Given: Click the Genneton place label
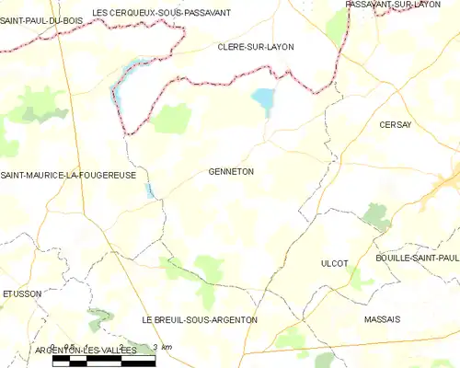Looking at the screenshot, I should click(x=231, y=171).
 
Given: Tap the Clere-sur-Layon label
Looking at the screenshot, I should click(x=249, y=45).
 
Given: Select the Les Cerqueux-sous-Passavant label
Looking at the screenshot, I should click(x=162, y=13).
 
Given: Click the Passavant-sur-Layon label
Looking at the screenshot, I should click(x=393, y=5).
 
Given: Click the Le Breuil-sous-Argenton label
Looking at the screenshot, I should click(x=200, y=319).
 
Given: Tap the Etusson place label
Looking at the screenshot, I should click(x=22, y=294).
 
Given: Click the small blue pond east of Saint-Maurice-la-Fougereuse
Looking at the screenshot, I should click(x=150, y=190).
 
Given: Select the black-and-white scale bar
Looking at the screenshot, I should click(x=103, y=361).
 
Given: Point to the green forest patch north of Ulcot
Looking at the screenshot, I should click(x=375, y=216).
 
